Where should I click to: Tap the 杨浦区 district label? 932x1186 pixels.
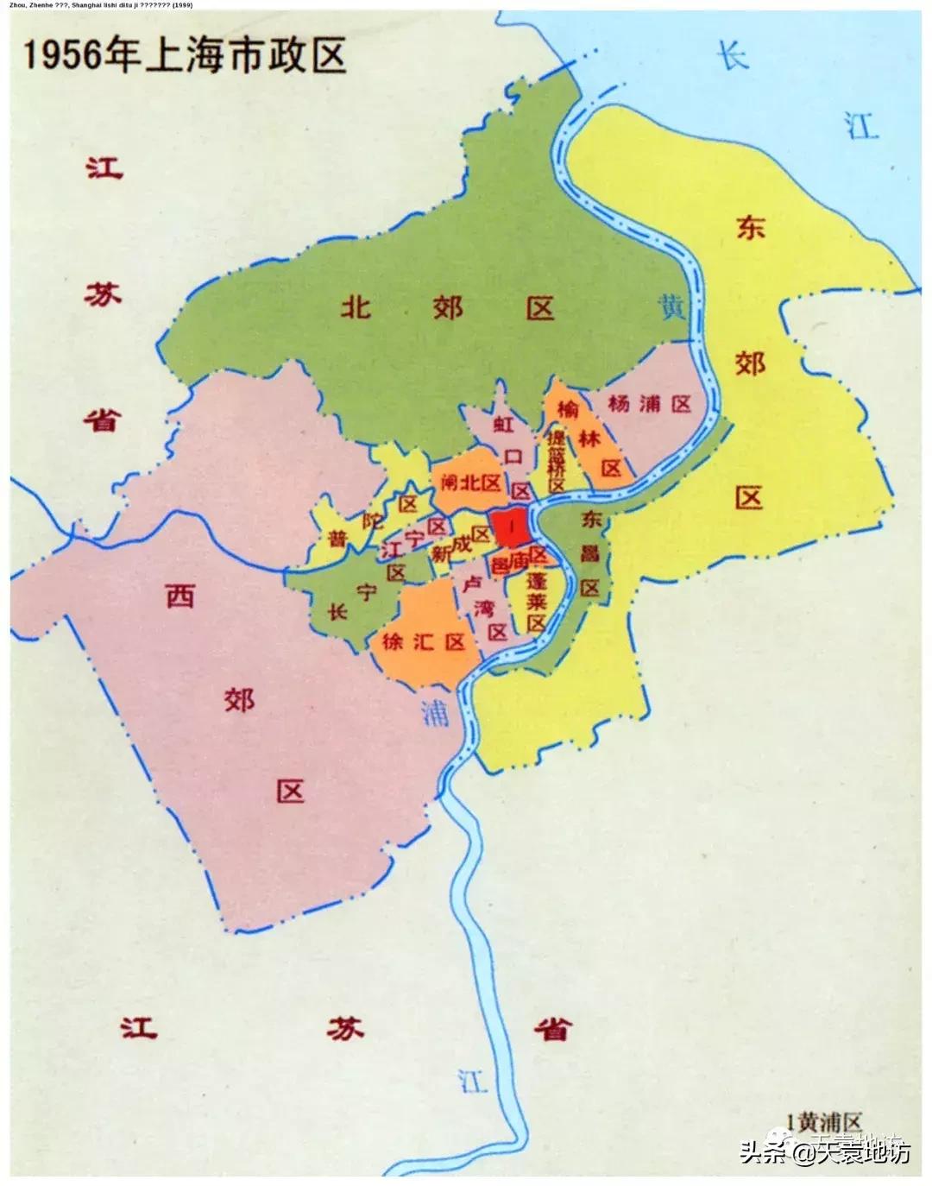[x=650, y=403]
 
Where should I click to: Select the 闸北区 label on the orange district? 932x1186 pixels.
[x=470, y=483]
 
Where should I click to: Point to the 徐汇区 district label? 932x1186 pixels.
[x=423, y=642]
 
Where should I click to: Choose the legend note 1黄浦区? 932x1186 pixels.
[x=829, y=1121]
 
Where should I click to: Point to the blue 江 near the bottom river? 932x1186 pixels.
[x=473, y=1081]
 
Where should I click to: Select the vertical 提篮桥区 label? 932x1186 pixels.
[x=556, y=462]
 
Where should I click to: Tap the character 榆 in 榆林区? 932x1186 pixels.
[x=568, y=408]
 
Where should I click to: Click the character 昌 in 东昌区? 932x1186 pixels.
[x=589, y=553]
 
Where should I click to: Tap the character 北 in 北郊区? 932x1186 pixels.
[x=355, y=306]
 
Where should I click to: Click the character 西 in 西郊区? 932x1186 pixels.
[x=179, y=595]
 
